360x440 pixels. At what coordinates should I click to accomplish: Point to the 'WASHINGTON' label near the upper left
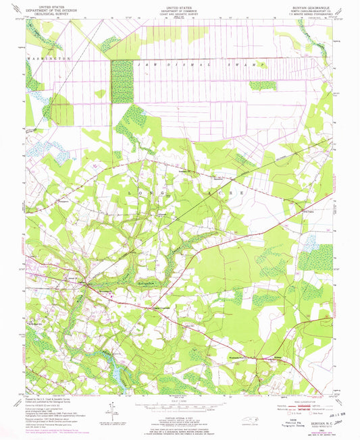[49, 59]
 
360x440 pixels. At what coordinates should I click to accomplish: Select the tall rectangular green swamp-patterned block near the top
[122, 81]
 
